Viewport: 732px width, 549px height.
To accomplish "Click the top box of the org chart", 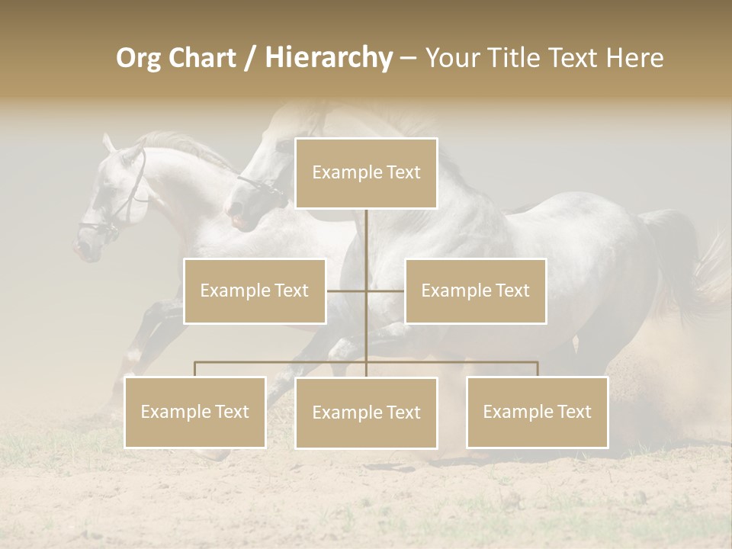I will coord(366,173).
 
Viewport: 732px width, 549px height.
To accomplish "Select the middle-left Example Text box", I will coord(255,291).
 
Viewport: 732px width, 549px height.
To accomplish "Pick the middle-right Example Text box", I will coord(475,291).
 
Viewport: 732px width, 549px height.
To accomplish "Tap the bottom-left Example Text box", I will coord(194,412).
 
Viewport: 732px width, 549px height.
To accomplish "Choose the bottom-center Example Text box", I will coord(366,413).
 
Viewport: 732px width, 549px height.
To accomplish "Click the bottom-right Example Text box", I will coord(537,412).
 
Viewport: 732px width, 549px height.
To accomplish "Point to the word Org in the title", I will coord(139,58).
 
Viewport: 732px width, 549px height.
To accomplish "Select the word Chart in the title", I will coord(203,58).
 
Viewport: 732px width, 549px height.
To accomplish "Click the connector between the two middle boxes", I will coord(366,291).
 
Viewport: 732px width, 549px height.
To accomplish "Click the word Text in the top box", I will coord(401,173).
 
